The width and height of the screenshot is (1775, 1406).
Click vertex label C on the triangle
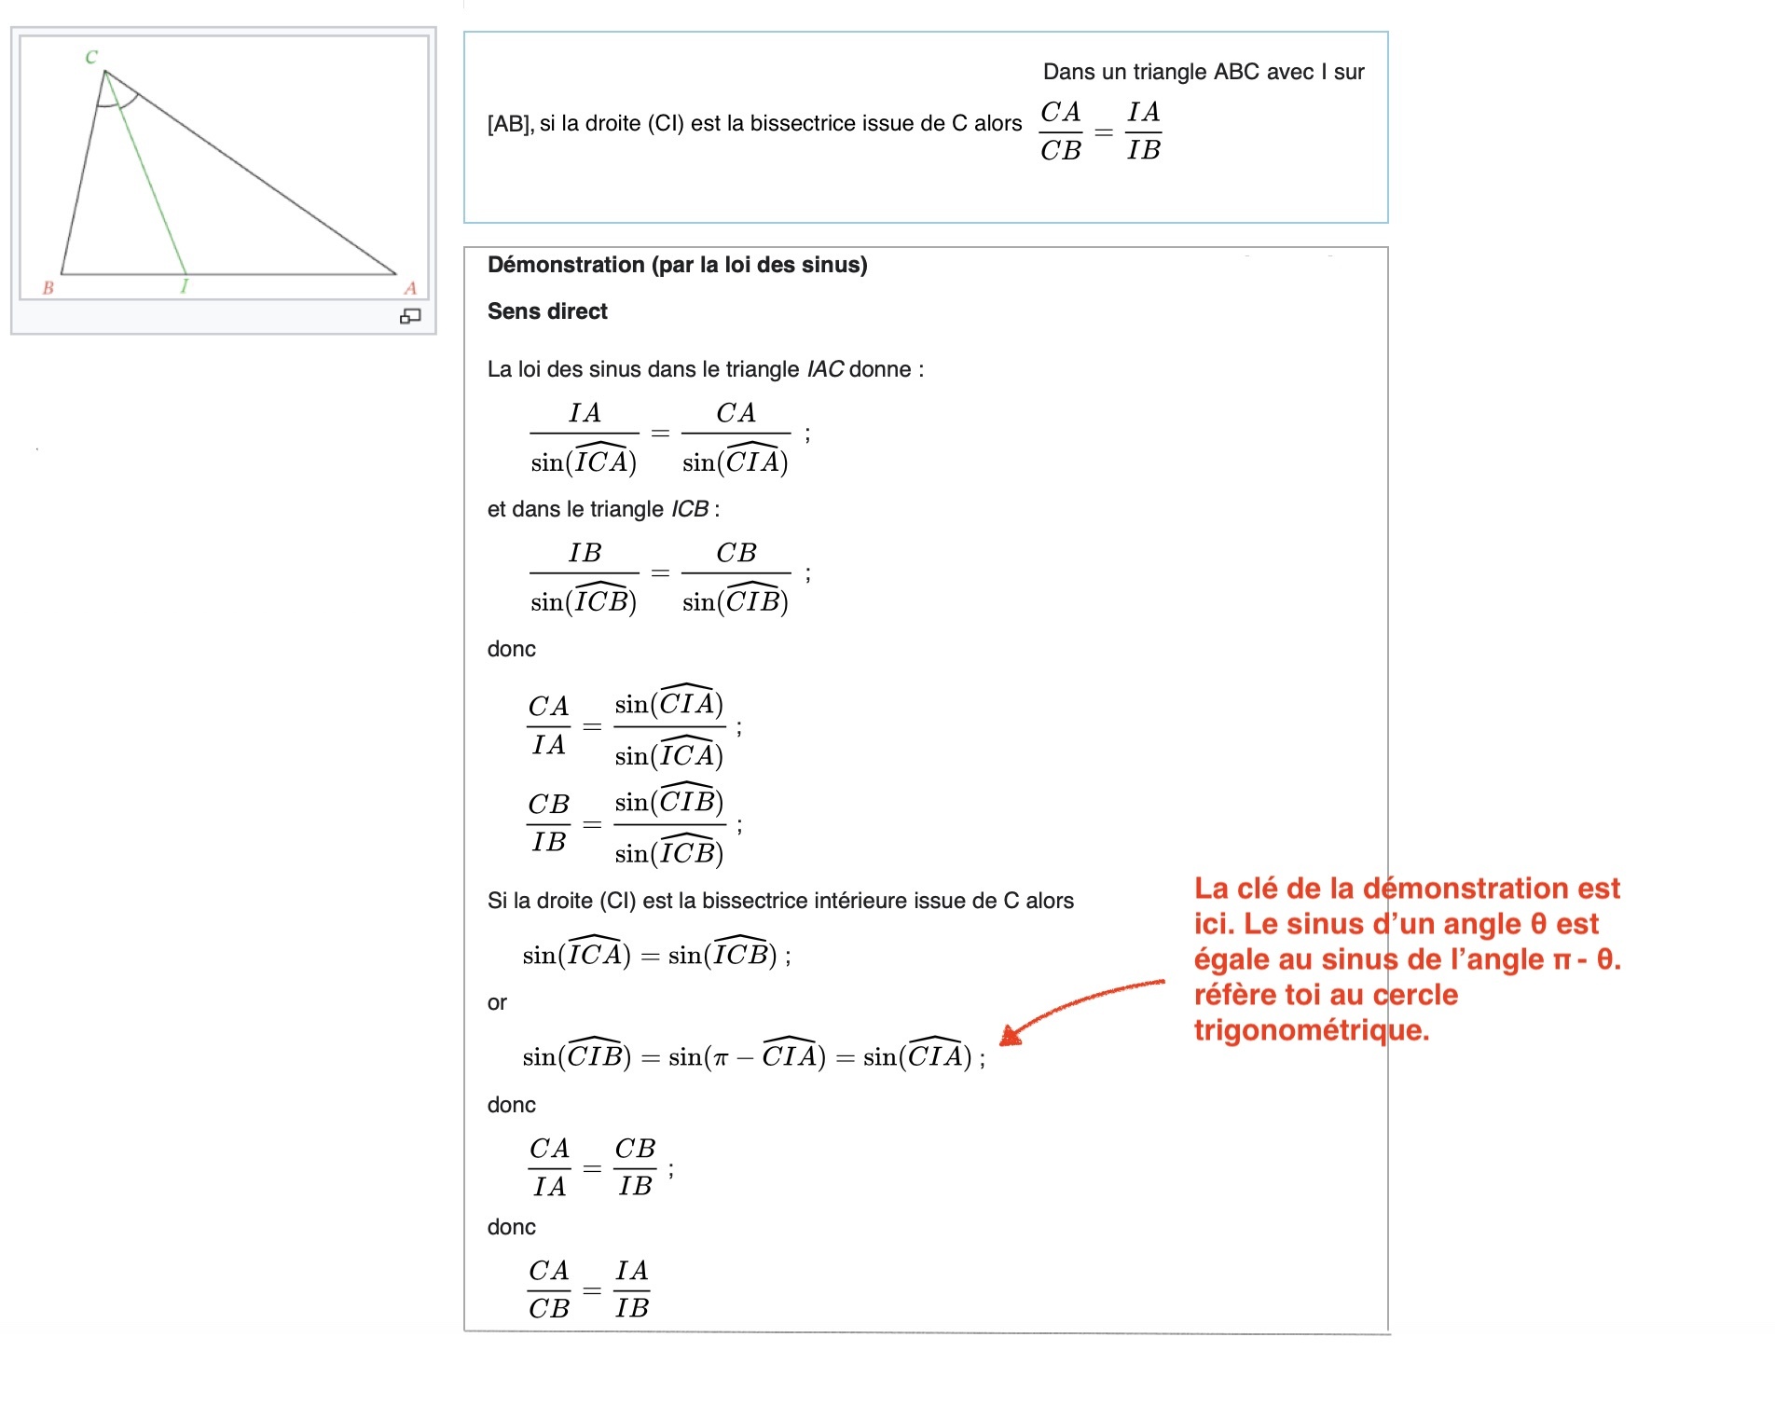(x=91, y=57)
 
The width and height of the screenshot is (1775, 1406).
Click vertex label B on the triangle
(x=48, y=288)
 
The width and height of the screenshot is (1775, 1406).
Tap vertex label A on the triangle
(x=410, y=288)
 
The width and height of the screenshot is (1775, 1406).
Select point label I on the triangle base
(x=185, y=287)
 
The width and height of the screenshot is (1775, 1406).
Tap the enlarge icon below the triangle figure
(x=410, y=317)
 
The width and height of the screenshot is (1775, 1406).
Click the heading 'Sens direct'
(x=547, y=311)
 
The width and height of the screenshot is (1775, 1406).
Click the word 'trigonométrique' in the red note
(x=1311, y=1030)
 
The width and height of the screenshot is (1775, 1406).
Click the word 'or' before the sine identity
(x=497, y=1003)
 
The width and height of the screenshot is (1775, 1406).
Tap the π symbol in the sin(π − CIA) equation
(x=720, y=1058)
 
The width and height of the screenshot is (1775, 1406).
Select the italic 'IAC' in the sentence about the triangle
(x=826, y=369)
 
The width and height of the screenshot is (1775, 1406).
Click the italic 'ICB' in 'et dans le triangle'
(x=690, y=509)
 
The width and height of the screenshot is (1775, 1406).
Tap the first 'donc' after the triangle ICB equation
(x=512, y=649)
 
